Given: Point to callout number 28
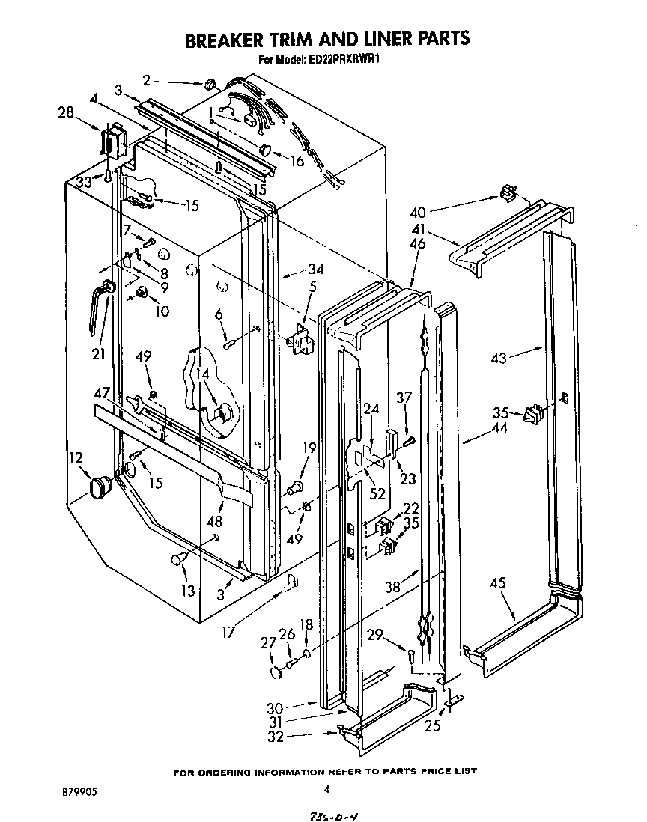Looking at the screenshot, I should (x=66, y=112).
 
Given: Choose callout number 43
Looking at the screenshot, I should (x=499, y=358).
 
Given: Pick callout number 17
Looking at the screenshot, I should (x=228, y=633).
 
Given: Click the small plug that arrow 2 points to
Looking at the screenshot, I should (x=210, y=83).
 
